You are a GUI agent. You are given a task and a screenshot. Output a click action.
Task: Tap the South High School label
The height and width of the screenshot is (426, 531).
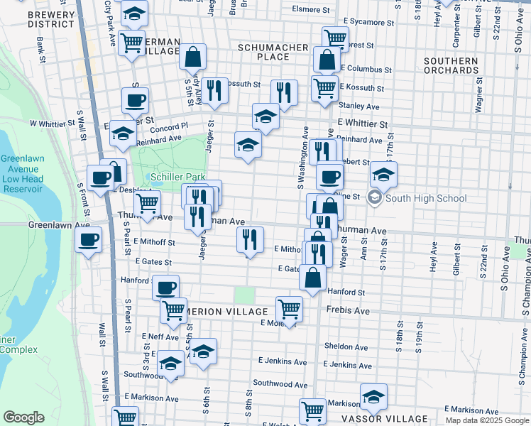click(425, 198)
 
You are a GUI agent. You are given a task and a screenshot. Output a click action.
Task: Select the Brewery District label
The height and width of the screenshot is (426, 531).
click(51, 19)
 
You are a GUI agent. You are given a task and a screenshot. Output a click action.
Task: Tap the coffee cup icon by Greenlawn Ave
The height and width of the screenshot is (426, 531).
click(89, 239)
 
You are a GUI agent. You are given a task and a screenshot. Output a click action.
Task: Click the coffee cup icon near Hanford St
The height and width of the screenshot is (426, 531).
click(166, 288)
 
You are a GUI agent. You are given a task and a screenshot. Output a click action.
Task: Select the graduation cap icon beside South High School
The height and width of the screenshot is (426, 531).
click(383, 174)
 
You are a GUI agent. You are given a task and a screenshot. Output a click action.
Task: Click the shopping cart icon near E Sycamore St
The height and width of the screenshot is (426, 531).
click(335, 38)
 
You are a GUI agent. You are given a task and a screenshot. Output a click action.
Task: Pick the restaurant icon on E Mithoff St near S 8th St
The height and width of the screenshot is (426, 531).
click(250, 239)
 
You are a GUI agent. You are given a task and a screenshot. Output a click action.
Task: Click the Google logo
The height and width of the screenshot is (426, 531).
click(23, 417)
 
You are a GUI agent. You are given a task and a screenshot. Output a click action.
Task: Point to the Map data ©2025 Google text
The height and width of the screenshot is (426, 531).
click(486, 420)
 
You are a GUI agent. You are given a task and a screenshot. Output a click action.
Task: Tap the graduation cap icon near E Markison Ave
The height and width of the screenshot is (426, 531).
click(373, 397)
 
